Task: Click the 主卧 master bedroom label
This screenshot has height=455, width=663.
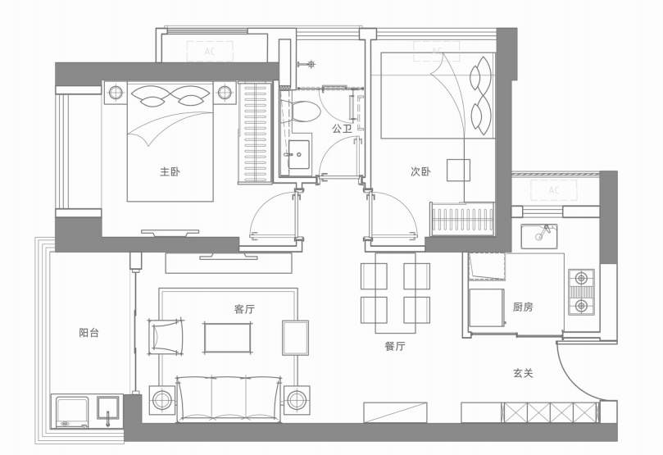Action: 170,171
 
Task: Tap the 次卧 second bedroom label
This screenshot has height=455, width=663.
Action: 420,171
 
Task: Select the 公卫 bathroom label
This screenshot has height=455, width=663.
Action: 342,129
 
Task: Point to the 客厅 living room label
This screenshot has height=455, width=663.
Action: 244,309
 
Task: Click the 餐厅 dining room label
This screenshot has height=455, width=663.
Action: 395,346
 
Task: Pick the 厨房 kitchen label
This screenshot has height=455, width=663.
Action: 523,307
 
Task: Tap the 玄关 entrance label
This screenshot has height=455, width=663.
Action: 523,373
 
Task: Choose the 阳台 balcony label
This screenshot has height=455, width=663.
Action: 89,332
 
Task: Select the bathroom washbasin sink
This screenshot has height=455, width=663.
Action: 299,155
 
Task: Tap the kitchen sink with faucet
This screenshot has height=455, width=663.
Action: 538,236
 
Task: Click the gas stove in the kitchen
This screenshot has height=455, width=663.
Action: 581,292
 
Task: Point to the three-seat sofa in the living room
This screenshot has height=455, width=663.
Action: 229,398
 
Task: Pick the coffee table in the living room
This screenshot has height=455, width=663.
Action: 228,338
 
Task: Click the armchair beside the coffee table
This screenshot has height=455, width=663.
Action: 166,337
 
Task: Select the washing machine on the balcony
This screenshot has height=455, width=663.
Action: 70,412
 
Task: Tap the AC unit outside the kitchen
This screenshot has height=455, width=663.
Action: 554,190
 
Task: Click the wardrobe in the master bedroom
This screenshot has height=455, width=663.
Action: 255,133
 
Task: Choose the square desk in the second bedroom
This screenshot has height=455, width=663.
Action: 459,170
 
